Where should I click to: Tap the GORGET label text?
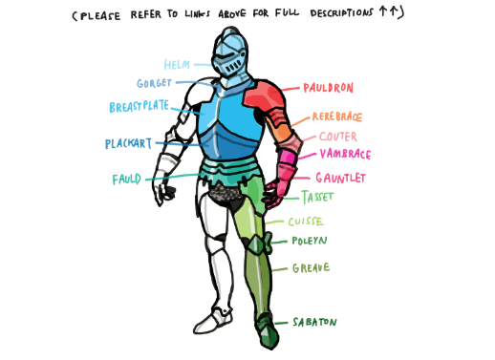pyautogui.click(x=155, y=83)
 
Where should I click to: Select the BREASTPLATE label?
pyautogui.click(x=140, y=106)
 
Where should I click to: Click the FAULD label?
pyautogui.click(x=127, y=179)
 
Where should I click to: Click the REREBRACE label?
pyautogui.click(x=336, y=117)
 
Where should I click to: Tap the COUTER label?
pyautogui.click(x=338, y=137)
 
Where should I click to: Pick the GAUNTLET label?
pyautogui.click(x=341, y=178)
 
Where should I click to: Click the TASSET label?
pyautogui.click(x=317, y=198)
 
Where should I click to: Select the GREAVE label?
pyautogui.click(x=311, y=268)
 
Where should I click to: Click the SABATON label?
pyautogui.click(x=317, y=323)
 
